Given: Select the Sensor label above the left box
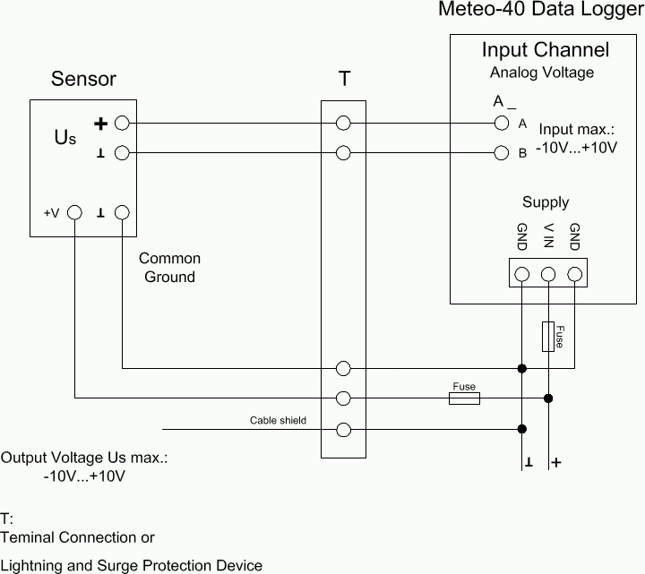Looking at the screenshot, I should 83,79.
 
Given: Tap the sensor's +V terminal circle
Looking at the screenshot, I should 75,213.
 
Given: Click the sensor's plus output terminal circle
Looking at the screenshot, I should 123,124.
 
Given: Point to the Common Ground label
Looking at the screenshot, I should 169,267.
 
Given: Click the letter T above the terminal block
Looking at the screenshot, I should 345,79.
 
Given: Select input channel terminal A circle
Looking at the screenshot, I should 501,124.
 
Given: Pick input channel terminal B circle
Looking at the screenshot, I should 501,153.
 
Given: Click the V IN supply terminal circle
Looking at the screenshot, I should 548,274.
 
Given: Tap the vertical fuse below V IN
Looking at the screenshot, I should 548,336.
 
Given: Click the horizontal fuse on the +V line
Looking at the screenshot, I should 463,398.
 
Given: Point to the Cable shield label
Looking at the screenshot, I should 278,420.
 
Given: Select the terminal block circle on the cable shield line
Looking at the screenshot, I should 343,428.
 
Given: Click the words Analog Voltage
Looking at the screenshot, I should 541,72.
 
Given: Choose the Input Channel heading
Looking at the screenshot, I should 545,50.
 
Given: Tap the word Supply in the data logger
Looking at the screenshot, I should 545,202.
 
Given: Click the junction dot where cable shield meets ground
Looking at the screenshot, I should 522,428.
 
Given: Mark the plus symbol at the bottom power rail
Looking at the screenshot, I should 557,463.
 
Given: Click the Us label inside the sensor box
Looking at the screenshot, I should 65,138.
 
